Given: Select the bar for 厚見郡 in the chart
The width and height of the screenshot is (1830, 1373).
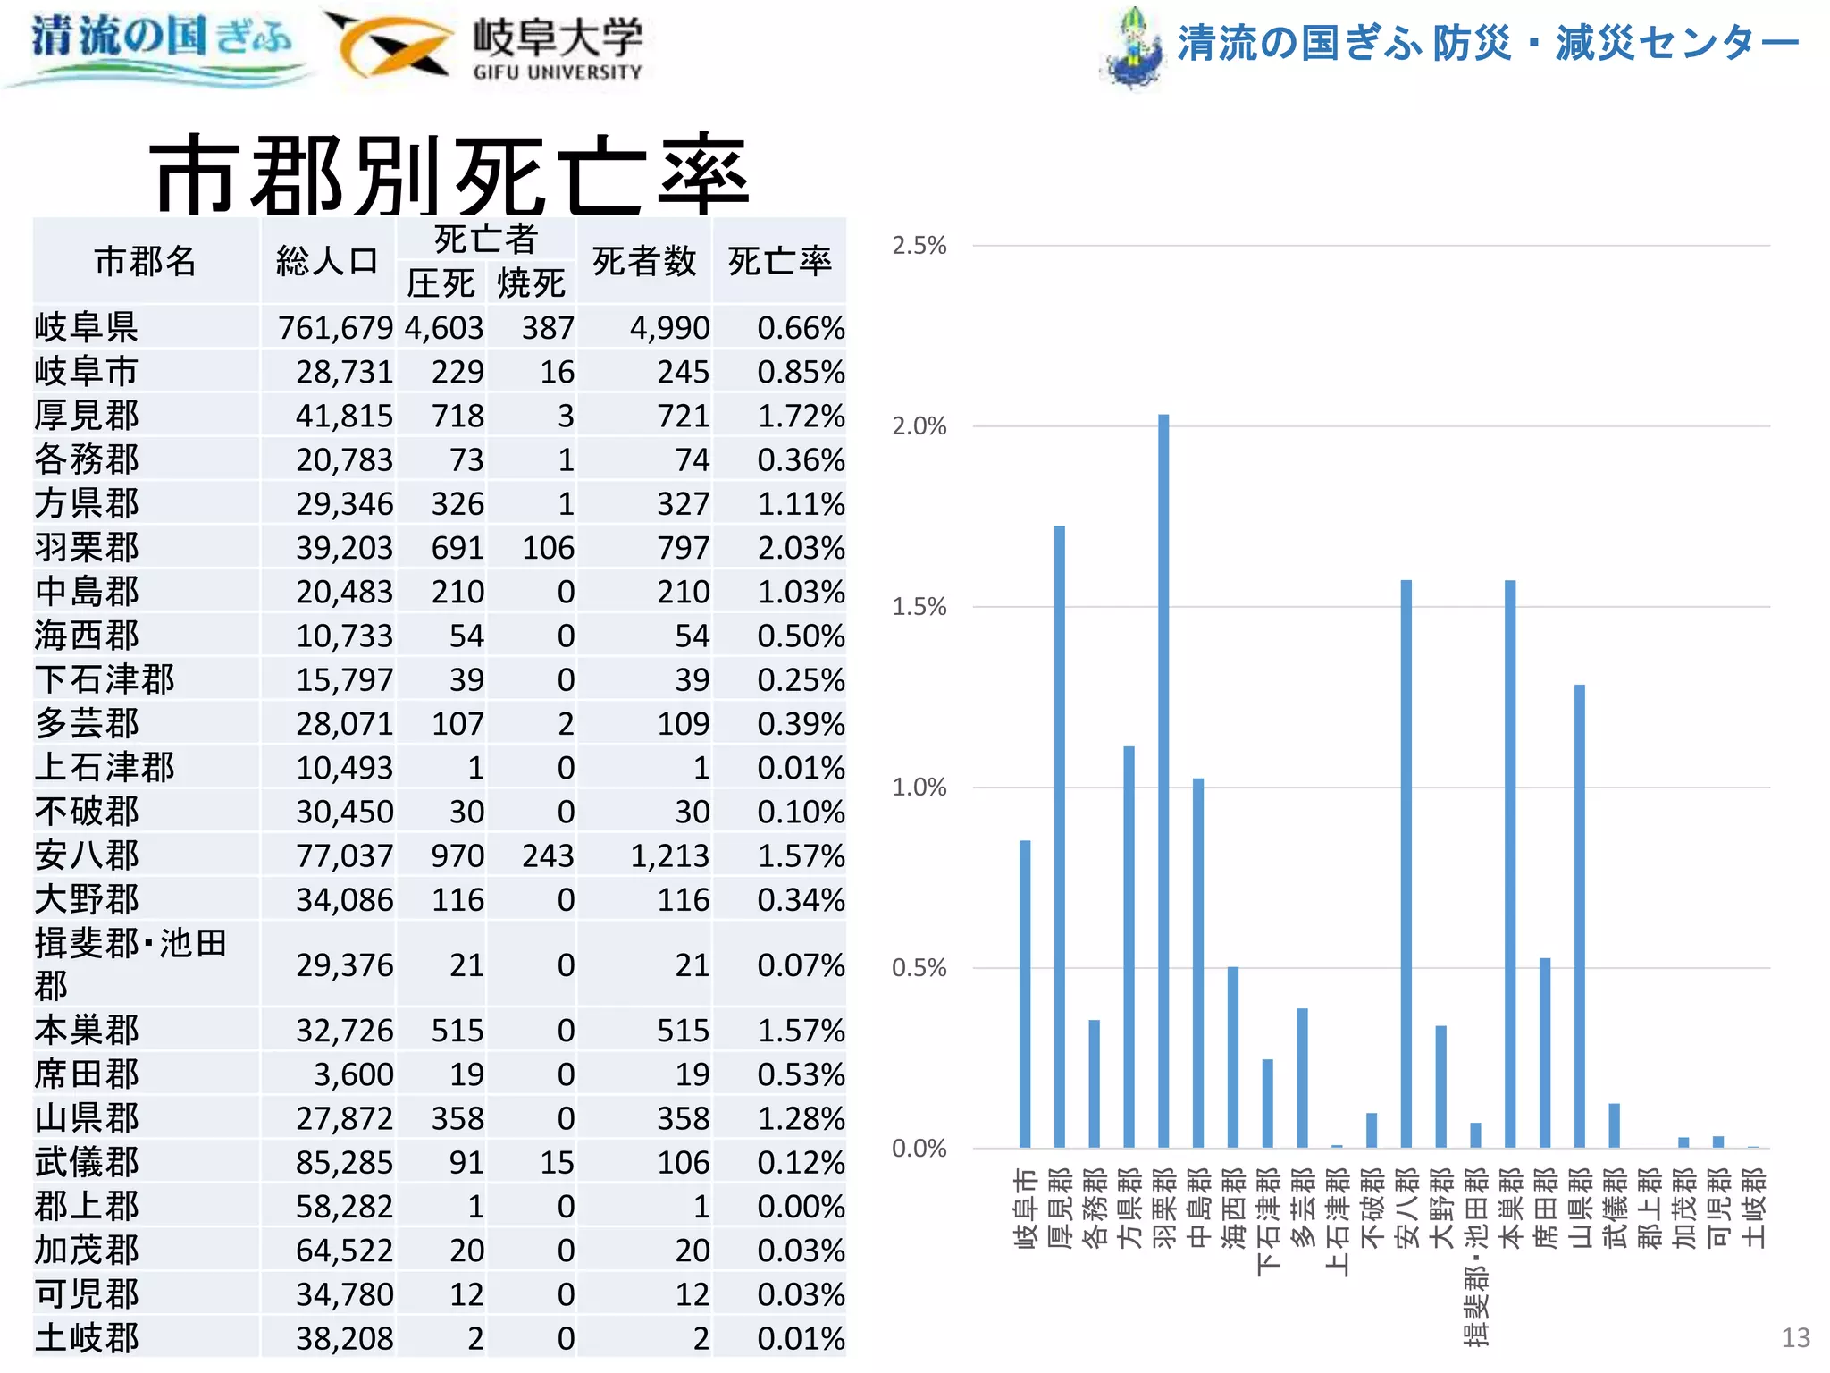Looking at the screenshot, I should tap(1059, 836).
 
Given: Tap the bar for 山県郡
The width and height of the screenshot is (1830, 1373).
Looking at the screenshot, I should tap(1579, 915).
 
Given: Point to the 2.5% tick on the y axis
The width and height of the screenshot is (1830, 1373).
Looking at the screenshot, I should tap(919, 246).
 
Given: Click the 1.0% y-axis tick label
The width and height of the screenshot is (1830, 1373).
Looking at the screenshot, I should tap(919, 788).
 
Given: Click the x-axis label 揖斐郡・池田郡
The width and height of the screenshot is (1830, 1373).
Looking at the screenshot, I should tap(1475, 1256).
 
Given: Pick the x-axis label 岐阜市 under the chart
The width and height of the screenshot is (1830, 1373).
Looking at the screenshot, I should tap(1025, 1208).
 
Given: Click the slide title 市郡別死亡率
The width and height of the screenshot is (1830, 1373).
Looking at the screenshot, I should tap(449, 174).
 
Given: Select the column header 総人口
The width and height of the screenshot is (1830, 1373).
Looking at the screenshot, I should tap(327, 261).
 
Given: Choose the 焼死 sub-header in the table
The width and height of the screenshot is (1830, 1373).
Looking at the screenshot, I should tap(531, 283).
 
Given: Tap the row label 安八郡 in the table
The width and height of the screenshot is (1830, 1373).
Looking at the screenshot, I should tap(87, 855).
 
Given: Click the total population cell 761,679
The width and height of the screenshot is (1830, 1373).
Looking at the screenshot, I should tap(335, 328).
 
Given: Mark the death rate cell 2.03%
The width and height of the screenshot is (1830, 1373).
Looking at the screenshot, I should tap(801, 548).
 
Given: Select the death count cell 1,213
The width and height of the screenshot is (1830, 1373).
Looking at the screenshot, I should tap(669, 855).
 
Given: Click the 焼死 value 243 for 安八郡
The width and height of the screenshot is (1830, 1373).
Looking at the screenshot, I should tap(548, 855).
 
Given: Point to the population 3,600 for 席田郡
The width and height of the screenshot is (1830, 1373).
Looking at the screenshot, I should tap(353, 1074).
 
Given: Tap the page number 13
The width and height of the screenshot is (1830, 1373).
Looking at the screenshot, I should tap(1795, 1337).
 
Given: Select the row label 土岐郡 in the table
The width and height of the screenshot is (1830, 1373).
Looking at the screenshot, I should tap(87, 1338).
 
